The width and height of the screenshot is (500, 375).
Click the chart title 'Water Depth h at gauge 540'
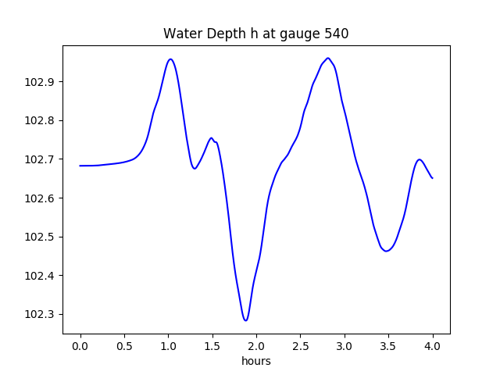255,34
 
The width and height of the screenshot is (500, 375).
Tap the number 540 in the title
337,34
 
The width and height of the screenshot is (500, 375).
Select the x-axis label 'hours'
256,361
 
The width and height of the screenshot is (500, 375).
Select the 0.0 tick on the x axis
80,345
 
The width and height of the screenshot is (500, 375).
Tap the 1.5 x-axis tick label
212,345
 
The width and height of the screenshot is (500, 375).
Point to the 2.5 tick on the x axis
300,345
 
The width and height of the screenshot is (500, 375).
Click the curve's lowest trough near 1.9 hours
245,320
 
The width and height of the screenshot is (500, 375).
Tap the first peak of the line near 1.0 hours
170,59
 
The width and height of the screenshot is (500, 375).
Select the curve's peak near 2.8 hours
328,58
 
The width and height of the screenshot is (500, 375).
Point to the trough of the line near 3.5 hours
386,251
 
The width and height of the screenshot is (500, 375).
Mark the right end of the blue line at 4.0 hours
432,178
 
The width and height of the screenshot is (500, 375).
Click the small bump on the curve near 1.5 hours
211,138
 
